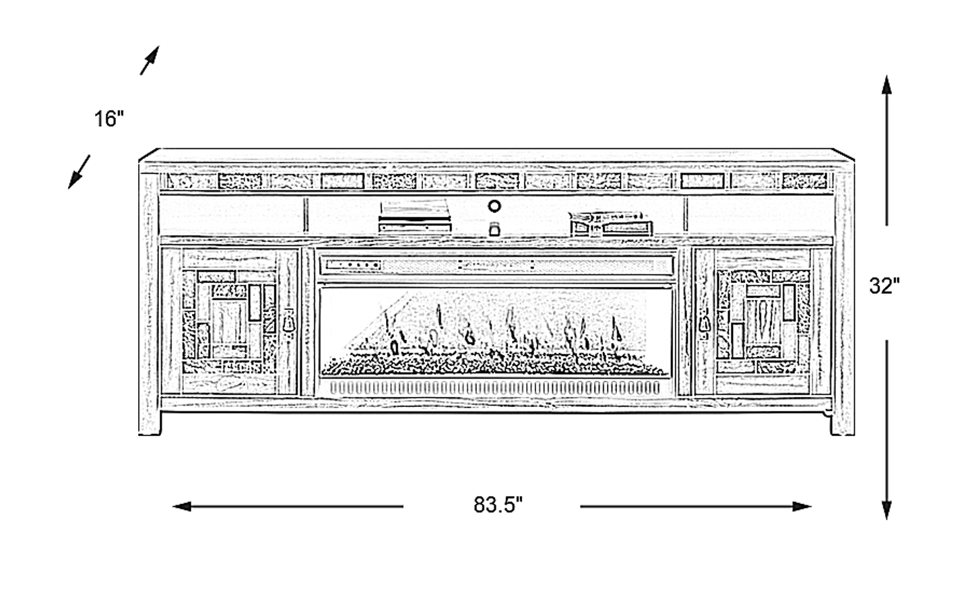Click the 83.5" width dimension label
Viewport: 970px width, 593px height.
point(498,505)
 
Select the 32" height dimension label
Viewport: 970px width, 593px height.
point(884,286)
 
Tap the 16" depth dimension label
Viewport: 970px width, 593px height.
point(109,119)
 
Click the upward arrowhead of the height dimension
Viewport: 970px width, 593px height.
point(886,85)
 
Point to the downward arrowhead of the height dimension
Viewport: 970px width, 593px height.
point(886,509)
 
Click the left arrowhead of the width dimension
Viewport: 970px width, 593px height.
point(182,506)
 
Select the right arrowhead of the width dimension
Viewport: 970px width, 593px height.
point(802,506)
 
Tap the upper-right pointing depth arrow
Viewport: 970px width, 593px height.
point(150,60)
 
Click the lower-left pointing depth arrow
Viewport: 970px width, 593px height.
point(79,172)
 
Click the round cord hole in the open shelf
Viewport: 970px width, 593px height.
point(494,206)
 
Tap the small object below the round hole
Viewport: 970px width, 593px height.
point(494,229)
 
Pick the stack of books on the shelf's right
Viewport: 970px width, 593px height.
point(611,224)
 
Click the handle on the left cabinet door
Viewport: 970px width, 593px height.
point(289,321)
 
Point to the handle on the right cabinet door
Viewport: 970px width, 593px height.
point(704,323)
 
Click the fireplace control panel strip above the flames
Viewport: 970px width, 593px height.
point(496,265)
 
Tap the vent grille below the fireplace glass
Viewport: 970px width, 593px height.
point(494,387)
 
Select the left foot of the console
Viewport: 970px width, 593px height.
point(150,423)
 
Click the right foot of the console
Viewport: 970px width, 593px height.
point(842,423)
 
